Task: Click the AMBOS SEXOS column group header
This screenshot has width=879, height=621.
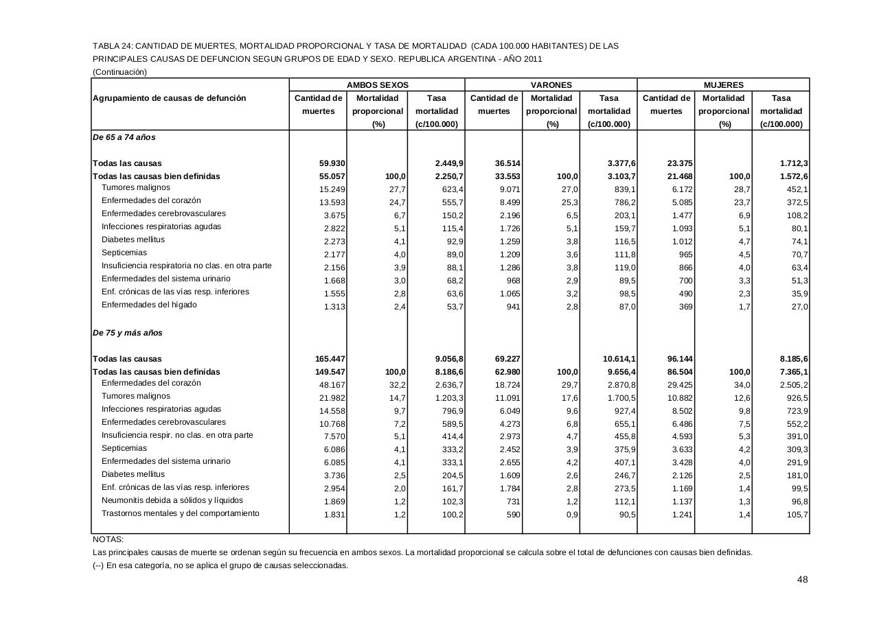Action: pos(377,85)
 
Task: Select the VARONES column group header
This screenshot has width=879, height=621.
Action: pos(551,85)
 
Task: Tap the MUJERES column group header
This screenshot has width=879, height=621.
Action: pos(724,85)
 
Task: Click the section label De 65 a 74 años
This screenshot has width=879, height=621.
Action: pos(124,137)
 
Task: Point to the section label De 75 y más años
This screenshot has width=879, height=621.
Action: pos(127,333)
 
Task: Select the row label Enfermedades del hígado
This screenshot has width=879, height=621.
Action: pos(149,305)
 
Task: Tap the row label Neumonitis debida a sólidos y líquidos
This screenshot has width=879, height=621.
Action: pos(172,500)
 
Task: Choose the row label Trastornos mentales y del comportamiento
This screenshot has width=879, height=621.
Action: pos(180,513)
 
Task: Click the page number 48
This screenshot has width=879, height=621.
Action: pos(802,580)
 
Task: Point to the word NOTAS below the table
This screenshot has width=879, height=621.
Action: pos(108,539)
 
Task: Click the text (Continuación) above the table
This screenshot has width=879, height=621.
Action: pos(119,71)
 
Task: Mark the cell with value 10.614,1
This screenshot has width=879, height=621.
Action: pos(616,359)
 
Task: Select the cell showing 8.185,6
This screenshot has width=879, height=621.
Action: pos(788,359)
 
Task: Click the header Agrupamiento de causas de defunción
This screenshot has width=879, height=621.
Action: pos(169,98)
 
